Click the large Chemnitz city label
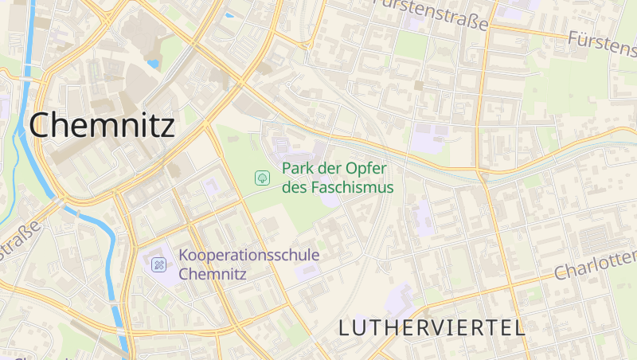point(102,125)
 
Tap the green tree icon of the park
point(260,178)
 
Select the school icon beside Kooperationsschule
point(158,264)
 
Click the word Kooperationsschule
point(249,256)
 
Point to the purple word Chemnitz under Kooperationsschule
point(213,274)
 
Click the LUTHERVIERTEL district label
point(431,327)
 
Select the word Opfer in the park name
point(365,169)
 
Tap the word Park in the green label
point(296,169)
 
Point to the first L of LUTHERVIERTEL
point(345,327)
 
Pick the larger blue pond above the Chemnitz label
point(153,64)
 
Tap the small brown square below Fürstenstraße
point(418,85)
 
